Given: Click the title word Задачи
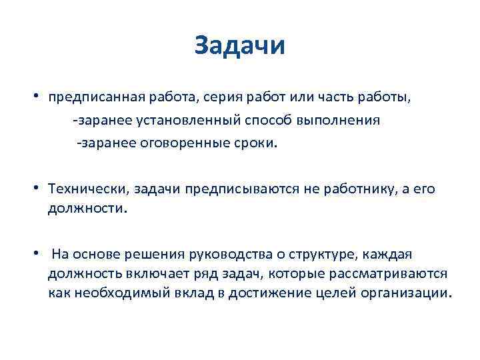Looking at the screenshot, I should pos(240,46).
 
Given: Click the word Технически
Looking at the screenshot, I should pos(88,189).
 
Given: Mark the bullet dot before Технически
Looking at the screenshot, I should pos(41,187).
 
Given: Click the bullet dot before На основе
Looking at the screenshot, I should pos(41,253).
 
